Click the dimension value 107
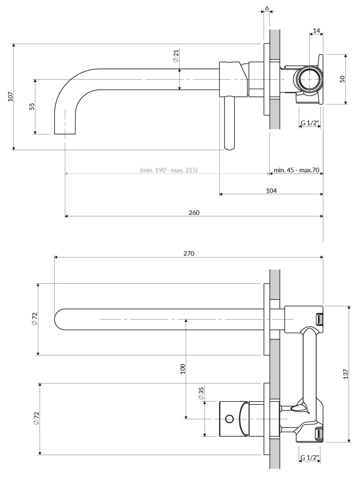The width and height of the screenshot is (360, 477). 11,97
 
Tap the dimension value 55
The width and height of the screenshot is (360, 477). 32,106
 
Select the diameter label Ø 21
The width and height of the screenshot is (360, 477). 176,56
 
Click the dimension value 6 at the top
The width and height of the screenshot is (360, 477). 267,8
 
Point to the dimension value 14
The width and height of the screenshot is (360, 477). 316,30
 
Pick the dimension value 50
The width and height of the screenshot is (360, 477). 342,79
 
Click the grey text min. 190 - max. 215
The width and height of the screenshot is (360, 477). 169,170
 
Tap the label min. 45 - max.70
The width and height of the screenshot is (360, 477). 296,170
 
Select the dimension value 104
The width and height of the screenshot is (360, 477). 271,191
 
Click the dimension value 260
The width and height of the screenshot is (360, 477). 194,213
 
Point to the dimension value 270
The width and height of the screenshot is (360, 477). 189,253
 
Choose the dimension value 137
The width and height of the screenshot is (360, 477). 346,374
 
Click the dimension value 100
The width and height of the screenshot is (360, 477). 183,369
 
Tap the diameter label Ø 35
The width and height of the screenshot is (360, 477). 201,393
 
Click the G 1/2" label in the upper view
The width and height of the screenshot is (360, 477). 309,123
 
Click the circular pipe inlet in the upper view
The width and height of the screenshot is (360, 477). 309,79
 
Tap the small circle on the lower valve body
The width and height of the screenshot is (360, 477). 229,419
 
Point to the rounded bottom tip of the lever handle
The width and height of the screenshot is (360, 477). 229,149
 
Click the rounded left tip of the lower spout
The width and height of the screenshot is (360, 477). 55,319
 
